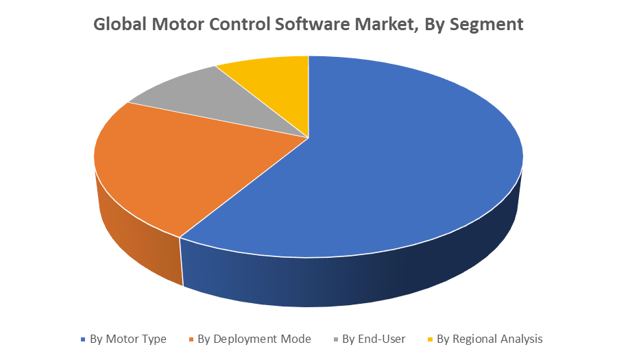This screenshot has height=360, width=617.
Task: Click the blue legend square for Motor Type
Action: tap(84, 339)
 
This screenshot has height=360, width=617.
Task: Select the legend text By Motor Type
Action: tap(128, 339)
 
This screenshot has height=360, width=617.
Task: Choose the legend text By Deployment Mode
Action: tap(254, 339)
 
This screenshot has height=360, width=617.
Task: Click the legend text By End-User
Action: tap(374, 339)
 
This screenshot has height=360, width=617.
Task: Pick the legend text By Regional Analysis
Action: tap(489, 339)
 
